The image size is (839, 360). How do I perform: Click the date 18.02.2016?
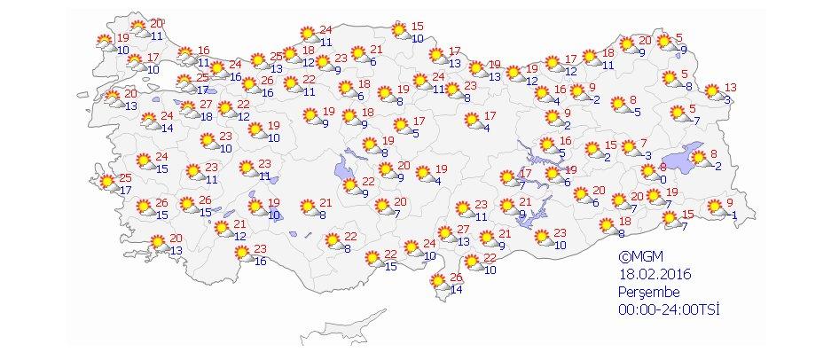click(655, 274)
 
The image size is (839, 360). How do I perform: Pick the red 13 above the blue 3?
click(731, 87)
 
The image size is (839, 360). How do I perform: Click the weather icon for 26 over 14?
click(438, 283)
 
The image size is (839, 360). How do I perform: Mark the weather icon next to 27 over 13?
click(442, 235)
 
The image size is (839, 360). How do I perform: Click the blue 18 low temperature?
click(206, 116)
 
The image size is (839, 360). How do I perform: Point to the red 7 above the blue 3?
click(646, 143)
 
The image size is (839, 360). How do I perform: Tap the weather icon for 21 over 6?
click(360, 54)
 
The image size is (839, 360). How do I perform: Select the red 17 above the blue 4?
click(490, 116)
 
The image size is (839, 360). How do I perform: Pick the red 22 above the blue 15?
click(391, 254)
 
